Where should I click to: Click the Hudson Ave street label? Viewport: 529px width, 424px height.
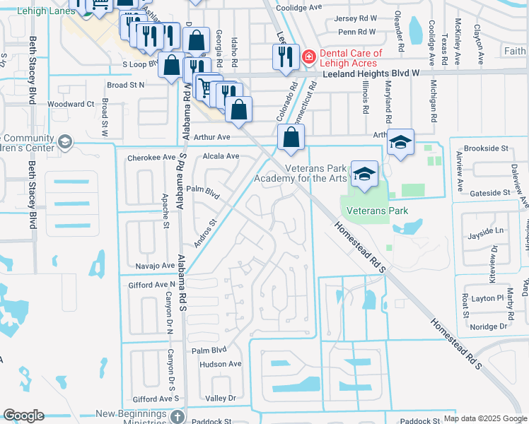(x=221, y=364)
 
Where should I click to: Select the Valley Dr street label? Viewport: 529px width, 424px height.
(x=219, y=399)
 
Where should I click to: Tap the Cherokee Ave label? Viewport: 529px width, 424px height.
(x=151, y=158)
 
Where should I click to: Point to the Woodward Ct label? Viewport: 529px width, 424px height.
(x=76, y=104)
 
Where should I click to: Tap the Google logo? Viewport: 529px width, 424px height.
(x=24, y=416)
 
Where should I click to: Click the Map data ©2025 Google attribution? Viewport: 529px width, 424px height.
(x=485, y=418)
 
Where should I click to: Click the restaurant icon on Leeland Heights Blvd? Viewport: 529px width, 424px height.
(x=284, y=57)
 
